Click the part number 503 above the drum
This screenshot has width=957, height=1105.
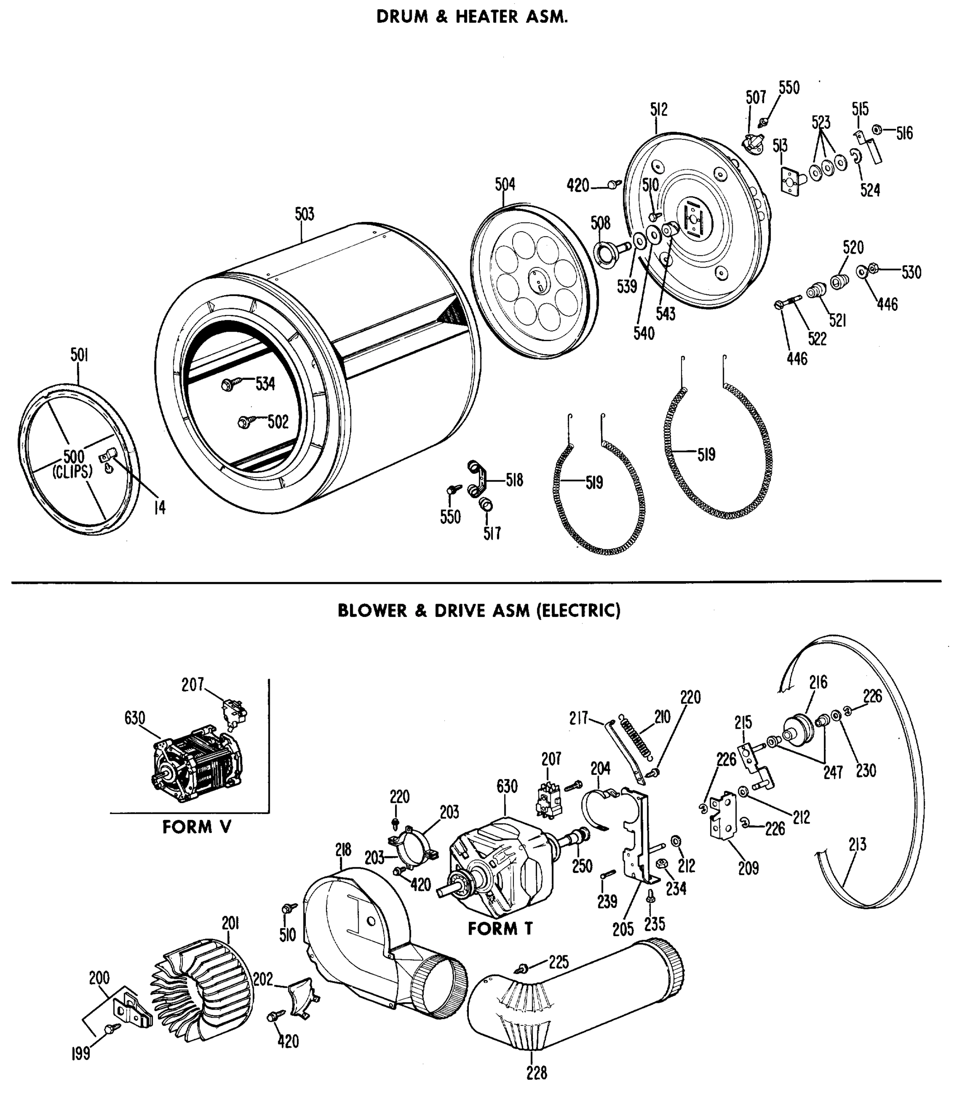pos(304,214)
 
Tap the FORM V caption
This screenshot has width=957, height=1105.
pos(197,827)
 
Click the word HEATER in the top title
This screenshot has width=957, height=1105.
pos(486,17)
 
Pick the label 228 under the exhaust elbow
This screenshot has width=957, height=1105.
pos(536,1072)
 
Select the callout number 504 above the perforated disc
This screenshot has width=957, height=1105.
pos(505,185)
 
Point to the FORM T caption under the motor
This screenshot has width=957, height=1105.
pos(500,929)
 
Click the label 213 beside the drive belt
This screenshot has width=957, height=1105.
pos(857,845)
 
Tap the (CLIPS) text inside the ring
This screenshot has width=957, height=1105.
pos(73,471)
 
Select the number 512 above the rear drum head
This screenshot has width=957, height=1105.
pos(659,110)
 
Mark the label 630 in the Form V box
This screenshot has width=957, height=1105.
pos(134,719)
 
